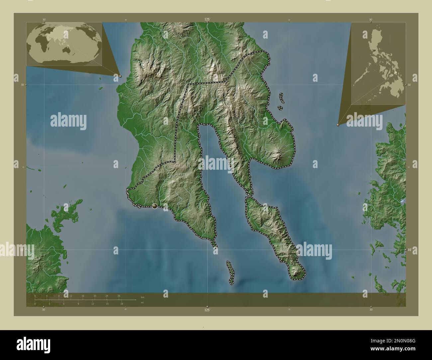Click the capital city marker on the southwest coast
tap(155, 206)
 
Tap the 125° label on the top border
tap(207, 20)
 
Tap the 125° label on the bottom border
tap(207, 310)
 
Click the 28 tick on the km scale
tap(119, 296)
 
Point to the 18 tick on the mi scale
tap(122, 304)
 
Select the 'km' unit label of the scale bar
tap(143, 297)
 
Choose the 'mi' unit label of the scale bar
tap(143, 303)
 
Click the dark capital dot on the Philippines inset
tap(375, 50)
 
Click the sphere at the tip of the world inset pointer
tap(120, 76)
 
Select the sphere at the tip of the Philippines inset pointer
tap(338, 125)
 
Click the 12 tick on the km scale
tap(70, 296)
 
